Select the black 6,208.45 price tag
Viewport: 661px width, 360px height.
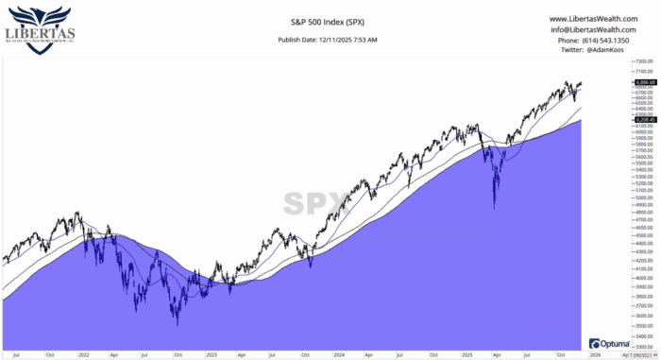pos(619,118)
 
